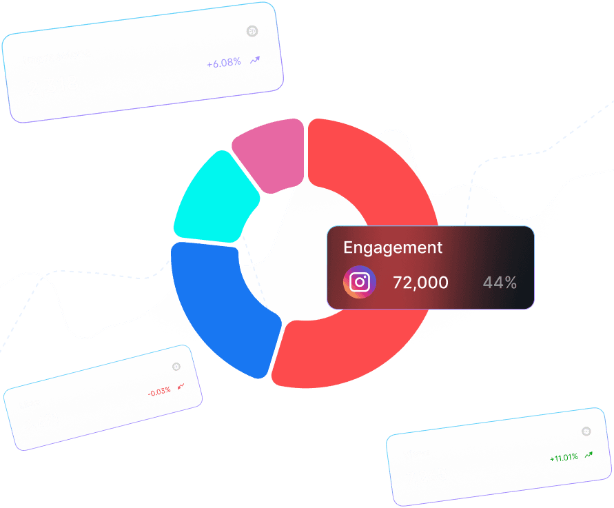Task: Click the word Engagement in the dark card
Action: coord(393,247)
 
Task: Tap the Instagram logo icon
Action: coord(360,283)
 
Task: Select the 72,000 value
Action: coord(420,283)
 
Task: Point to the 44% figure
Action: coord(500,283)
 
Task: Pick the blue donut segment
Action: coord(217,303)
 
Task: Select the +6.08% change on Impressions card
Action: coord(224,63)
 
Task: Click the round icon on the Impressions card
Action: coord(252,31)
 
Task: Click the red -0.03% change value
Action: coord(160,392)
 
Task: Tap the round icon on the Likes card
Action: coord(176,367)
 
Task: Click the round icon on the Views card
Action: coord(586,431)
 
